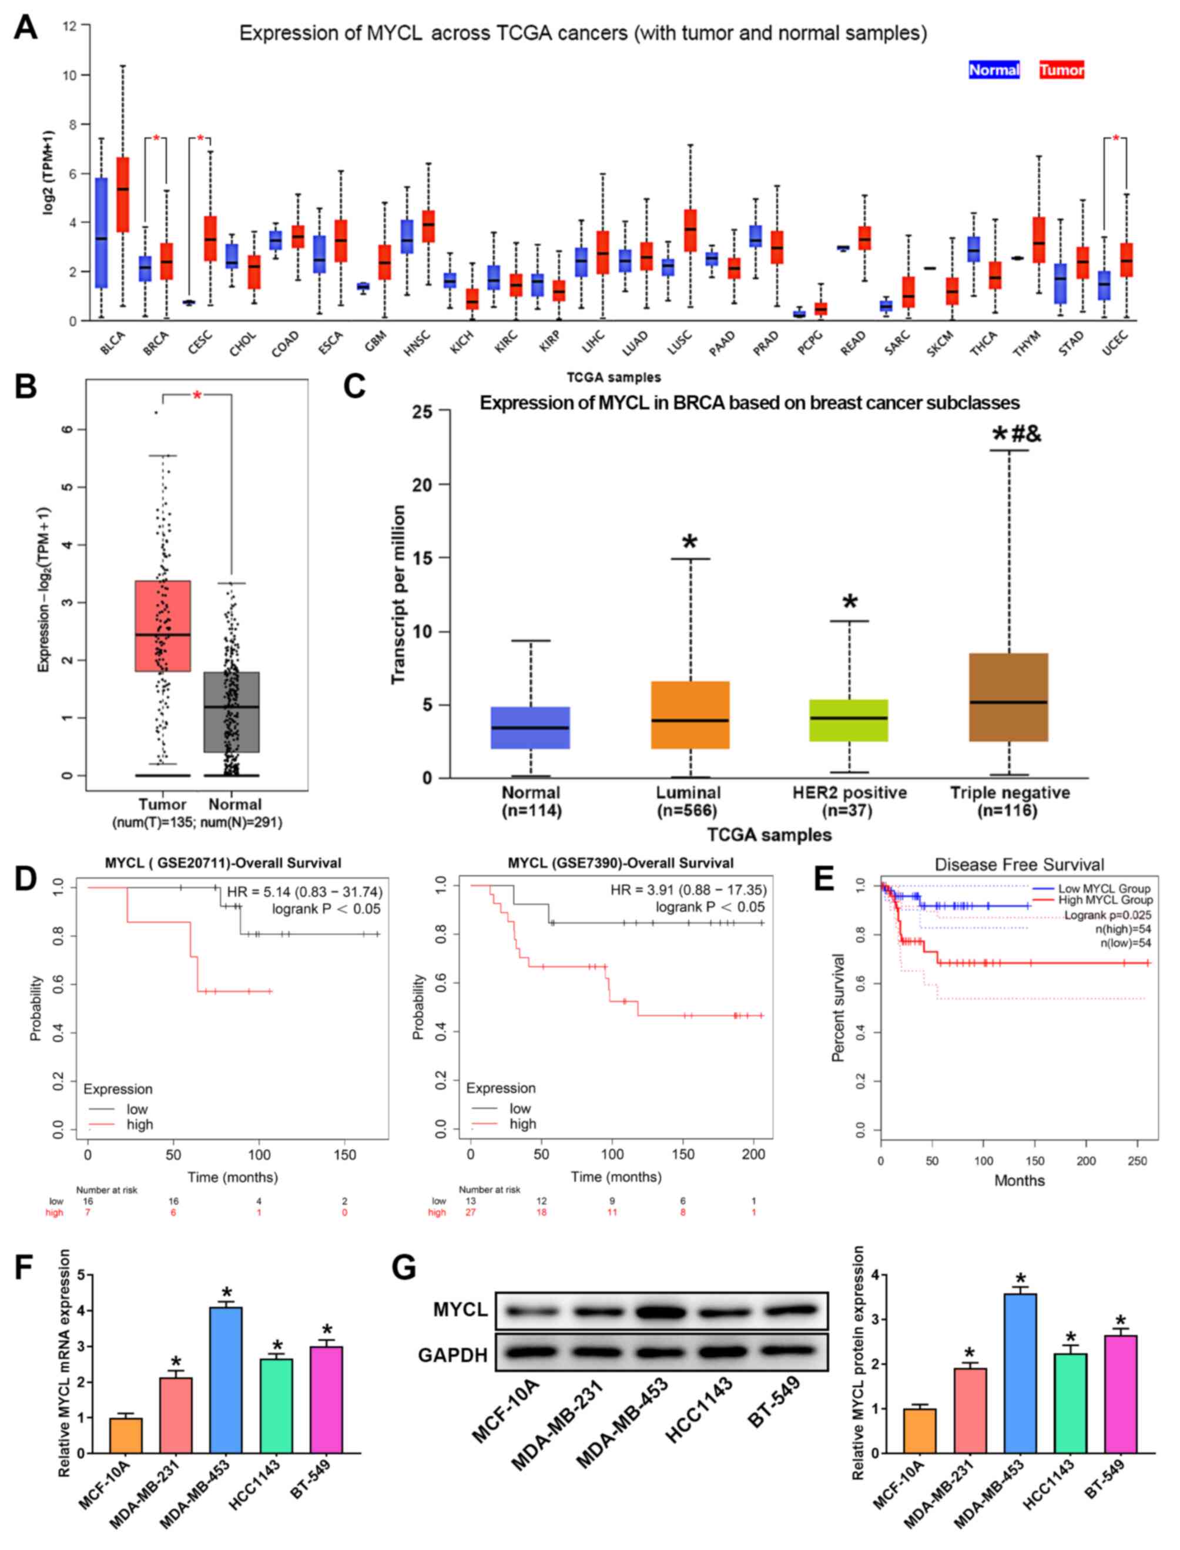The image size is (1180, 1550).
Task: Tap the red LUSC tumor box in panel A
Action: [x=690, y=230]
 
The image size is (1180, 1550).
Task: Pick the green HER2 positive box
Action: [x=849, y=720]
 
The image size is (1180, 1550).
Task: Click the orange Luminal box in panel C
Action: [x=690, y=715]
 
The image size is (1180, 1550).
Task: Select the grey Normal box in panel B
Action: [x=232, y=712]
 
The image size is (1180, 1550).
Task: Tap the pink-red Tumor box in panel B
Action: [x=162, y=626]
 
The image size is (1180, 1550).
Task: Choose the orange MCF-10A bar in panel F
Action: [x=126, y=1435]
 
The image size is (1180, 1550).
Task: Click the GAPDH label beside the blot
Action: [x=453, y=1355]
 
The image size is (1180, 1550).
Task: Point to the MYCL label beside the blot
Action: [x=460, y=1309]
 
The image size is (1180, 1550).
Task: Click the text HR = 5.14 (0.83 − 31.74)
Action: [x=304, y=892]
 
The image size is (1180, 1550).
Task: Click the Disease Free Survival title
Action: [x=1019, y=865]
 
